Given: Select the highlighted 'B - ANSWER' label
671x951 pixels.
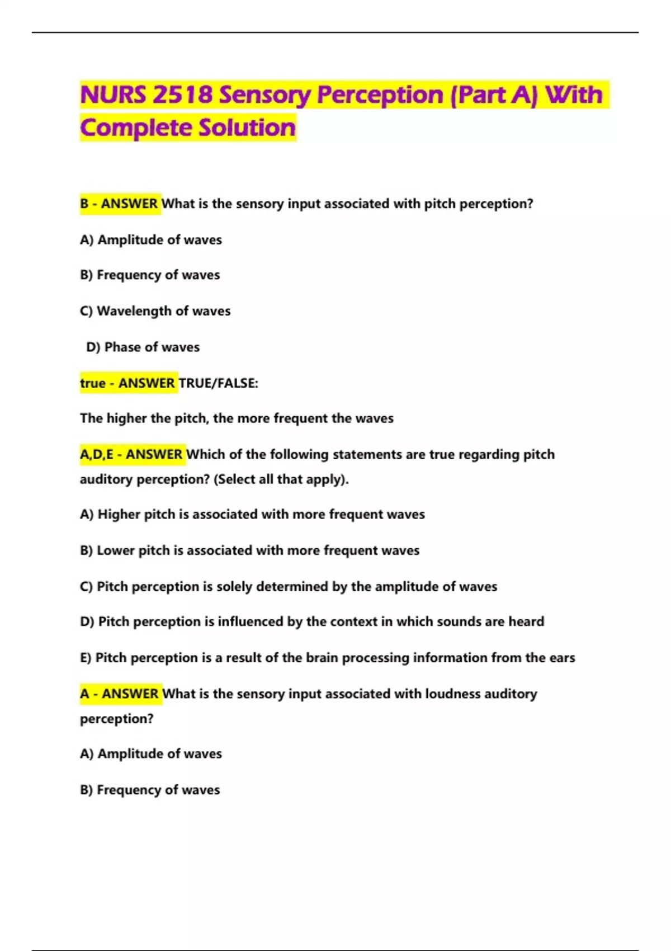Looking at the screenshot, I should coord(119,204).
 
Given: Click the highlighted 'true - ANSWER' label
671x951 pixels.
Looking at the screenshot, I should coord(127,383).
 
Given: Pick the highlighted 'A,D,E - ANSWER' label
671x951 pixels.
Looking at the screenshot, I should coord(131,454).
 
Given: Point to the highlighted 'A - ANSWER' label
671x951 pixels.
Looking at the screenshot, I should coord(120,694).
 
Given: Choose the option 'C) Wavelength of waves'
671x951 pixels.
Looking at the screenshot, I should coord(155,311).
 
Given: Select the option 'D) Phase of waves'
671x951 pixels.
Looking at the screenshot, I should coord(143,347).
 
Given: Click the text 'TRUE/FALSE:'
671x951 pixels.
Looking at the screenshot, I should coord(219,383).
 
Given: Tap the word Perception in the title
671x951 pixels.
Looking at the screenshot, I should coord(380,95).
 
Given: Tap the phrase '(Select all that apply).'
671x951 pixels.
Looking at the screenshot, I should coord(281,479).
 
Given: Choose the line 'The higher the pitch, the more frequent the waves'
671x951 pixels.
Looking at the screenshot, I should coord(237,418).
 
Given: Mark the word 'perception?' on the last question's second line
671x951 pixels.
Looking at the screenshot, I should coord(116,719).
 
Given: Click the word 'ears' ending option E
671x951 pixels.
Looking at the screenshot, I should coord(561,658).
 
